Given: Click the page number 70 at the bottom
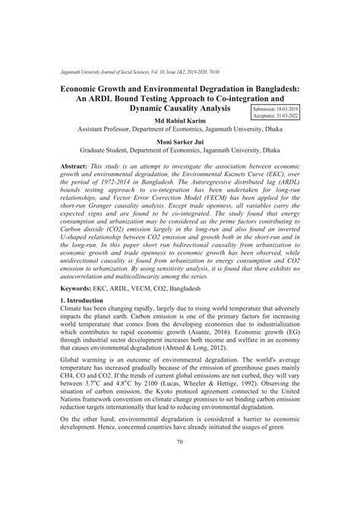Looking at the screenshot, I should (x=180, y=485).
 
